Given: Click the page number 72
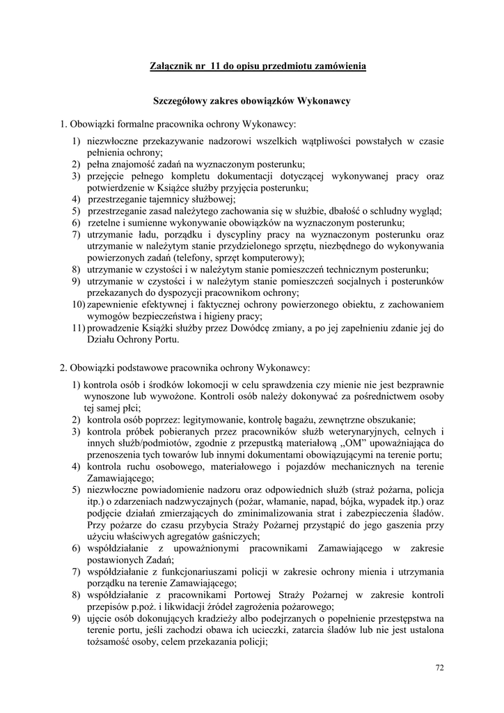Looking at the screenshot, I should coord(439,668).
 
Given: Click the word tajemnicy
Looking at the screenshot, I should coord(159,198).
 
